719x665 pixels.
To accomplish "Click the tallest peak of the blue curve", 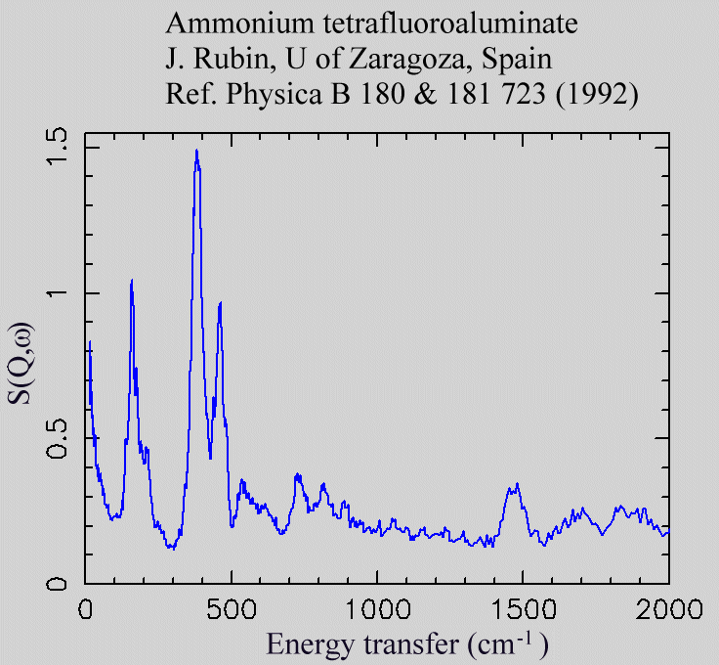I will pyautogui.click(x=196, y=151).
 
